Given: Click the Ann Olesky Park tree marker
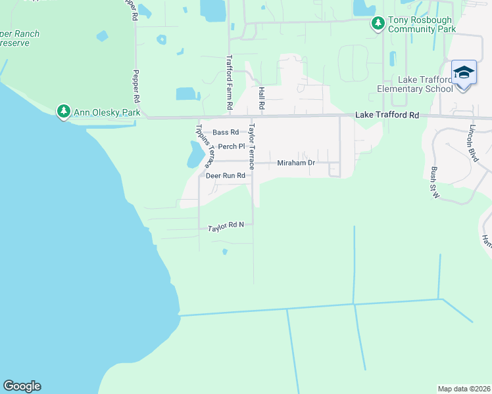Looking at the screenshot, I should click(64, 112).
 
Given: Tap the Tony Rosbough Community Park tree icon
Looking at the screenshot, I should click(378, 24).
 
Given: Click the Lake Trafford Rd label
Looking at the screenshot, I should click(387, 115).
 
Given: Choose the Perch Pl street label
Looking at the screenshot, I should click(232, 146).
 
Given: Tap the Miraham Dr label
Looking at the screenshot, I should click(297, 162).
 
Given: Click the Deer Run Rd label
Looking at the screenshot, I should click(225, 176).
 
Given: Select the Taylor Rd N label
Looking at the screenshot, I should click(226, 227).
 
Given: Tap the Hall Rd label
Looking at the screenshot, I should click(261, 97).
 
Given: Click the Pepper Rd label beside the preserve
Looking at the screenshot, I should click(136, 85).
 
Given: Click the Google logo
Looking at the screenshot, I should click(22, 386).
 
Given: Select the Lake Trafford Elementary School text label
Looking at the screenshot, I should click(414, 84).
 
